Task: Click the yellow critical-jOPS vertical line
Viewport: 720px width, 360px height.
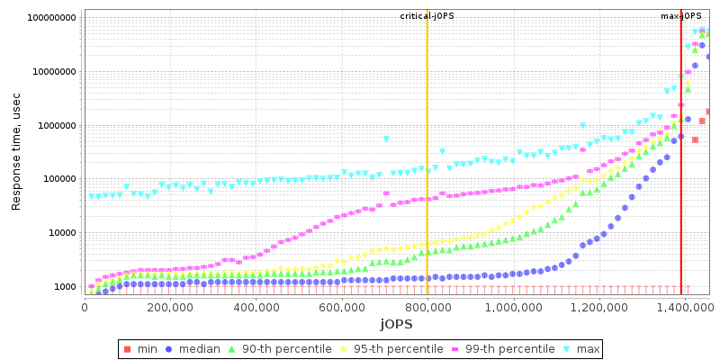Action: [x=427, y=153]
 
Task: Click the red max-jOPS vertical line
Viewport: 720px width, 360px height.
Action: [x=681, y=153]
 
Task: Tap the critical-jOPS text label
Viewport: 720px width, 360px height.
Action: [x=427, y=16]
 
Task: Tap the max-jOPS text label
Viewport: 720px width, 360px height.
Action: [x=681, y=16]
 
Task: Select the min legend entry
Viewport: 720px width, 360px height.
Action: [x=142, y=348]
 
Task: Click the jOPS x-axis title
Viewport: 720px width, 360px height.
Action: [x=396, y=324]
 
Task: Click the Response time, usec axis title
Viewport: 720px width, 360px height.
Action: [x=16, y=151]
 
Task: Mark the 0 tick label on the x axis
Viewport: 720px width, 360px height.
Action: [x=85, y=307]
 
